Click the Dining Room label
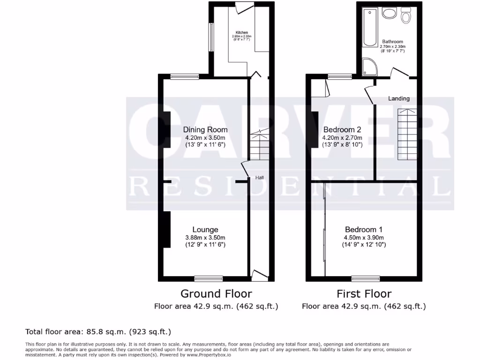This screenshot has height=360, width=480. (205, 130)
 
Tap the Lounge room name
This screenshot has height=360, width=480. (205, 230)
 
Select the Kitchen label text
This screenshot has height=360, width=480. (242, 33)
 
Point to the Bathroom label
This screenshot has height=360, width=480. (392, 42)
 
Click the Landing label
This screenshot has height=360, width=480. (399, 98)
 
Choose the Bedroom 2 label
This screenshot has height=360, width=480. (342, 130)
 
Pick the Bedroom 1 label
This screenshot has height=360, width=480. (364, 230)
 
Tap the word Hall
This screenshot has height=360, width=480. (260, 178)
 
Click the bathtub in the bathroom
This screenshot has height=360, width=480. (370, 28)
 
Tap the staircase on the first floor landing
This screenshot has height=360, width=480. (407, 134)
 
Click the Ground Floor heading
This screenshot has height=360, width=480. (216, 294)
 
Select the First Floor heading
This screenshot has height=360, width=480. (364, 294)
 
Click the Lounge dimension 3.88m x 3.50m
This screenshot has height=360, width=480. (205, 237)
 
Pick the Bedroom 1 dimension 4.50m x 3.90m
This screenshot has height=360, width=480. (364, 237)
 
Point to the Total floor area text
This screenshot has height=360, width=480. (98, 332)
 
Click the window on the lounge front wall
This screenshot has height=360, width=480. (209, 278)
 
